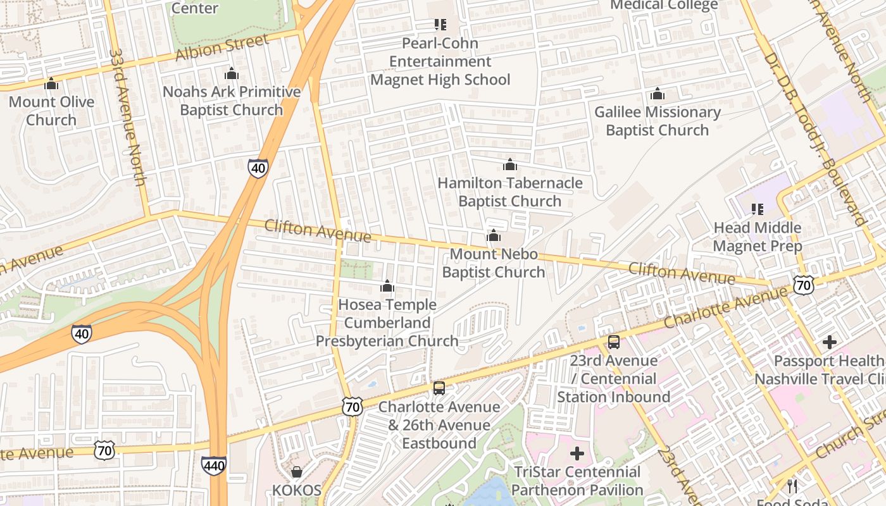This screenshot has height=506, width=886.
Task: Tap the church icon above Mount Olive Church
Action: click(51, 83)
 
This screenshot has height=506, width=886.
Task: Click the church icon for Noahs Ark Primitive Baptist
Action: click(232, 73)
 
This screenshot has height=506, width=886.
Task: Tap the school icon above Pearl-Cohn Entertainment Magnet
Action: click(440, 25)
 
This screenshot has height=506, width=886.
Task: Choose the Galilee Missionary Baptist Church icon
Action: click(658, 94)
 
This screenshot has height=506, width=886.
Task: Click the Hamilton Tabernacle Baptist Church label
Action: click(510, 192)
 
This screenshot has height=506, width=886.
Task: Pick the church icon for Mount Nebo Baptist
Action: click(494, 236)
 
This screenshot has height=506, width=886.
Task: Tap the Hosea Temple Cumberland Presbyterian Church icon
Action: click(387, 287)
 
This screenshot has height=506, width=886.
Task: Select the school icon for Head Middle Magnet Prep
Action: click(757, 209)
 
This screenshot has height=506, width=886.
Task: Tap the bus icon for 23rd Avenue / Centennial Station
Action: click(614, 342)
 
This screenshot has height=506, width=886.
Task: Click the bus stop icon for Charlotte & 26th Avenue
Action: click(439, 388)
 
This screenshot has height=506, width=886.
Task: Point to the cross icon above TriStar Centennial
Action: click(577, 454)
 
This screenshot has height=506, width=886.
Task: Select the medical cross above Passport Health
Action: click(830, 343)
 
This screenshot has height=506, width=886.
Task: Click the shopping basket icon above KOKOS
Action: click(296, 472)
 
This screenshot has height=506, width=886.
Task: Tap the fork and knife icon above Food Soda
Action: click(792, 486)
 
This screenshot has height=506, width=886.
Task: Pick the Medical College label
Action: click(664, 6)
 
